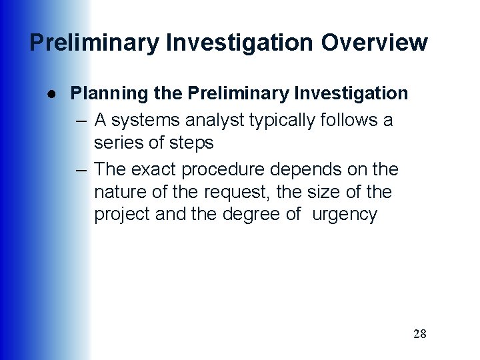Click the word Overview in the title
coord(374,43)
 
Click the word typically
coord(285,121)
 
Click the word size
coord(319,192)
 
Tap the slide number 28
coord(419,334)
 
